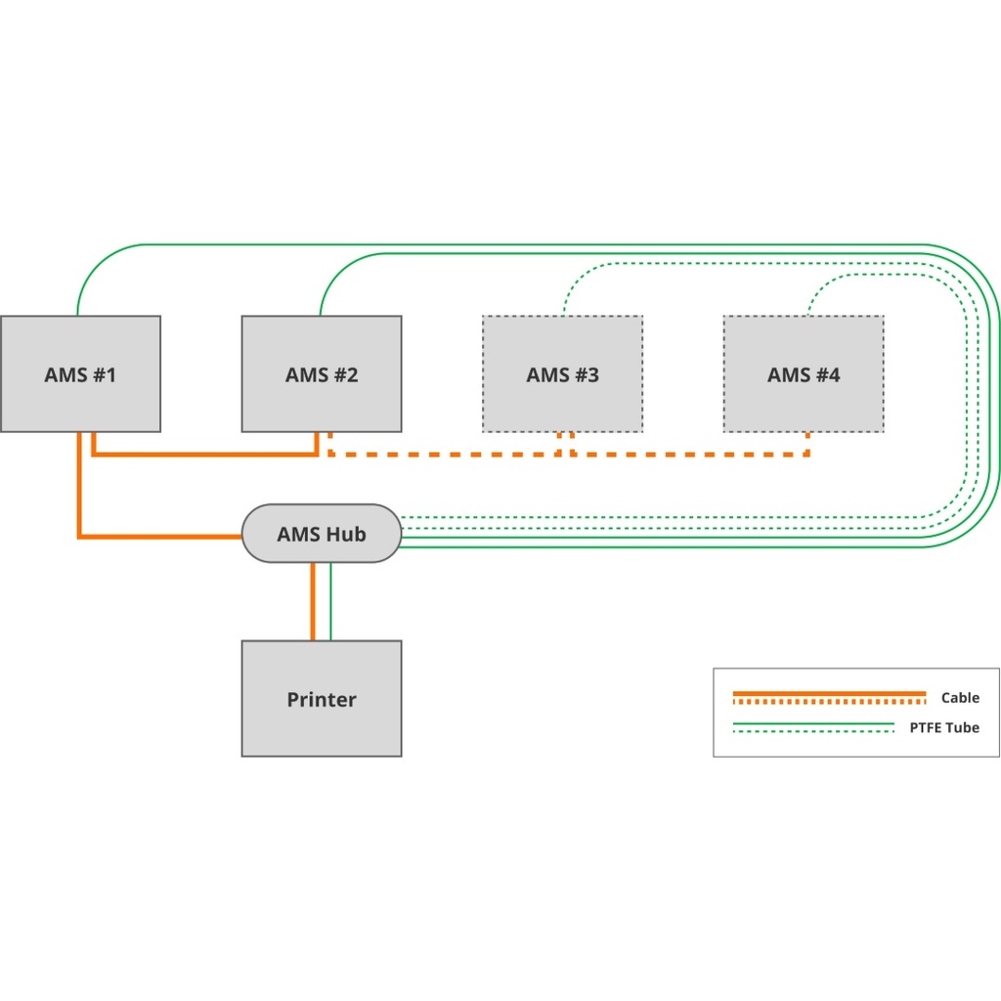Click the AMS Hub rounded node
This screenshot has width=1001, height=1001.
(322, 534)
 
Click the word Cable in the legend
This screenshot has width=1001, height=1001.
(959, 698)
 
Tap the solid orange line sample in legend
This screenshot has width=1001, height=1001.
(829, 693)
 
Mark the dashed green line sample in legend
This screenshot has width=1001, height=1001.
(813, 732)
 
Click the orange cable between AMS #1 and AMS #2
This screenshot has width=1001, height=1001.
(205, 454)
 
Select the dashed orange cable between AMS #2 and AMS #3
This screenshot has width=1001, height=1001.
(445, 454)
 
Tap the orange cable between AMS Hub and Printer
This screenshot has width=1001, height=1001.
(313, 601)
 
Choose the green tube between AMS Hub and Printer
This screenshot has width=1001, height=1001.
(330, 601)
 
